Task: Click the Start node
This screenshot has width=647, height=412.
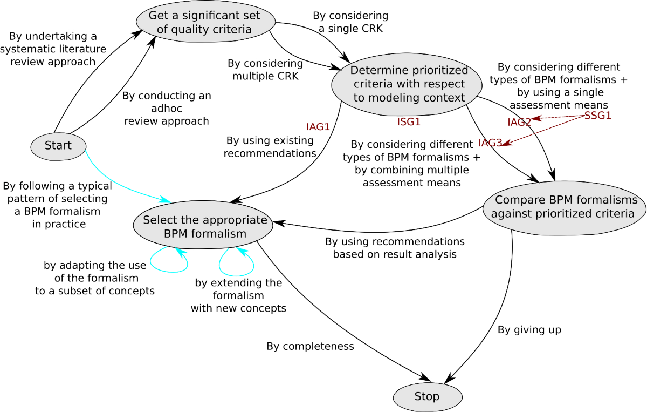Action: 58,146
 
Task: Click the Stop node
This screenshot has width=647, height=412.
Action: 427,397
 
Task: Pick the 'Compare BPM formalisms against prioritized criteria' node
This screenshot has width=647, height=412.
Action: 564,207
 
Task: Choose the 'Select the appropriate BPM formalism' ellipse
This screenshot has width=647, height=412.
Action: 204,227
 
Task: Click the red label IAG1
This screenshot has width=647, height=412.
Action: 318,127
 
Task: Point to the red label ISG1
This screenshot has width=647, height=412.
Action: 409,122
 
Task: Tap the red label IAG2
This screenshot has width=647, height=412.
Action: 519,123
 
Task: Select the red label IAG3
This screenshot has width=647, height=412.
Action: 490,143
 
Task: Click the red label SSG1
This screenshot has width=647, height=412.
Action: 598,116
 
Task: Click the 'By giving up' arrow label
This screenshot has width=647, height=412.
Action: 529,329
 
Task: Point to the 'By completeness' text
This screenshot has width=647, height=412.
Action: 310,346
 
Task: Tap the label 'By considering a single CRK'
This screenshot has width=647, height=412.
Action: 350,22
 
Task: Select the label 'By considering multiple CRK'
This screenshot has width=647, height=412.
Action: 265,70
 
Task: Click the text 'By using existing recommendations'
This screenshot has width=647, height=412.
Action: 270,147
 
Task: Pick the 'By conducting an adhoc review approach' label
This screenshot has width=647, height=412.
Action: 167,109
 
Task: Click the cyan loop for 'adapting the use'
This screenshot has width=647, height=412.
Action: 168,261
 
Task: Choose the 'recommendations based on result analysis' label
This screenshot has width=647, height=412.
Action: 395,247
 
